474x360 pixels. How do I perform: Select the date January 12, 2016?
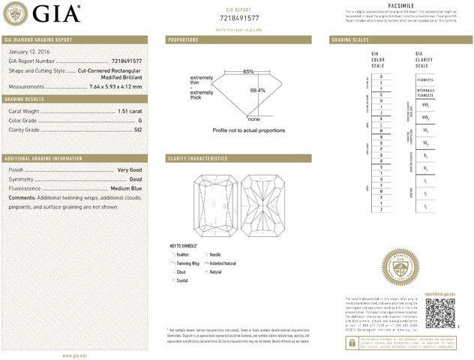(x=27, y=51)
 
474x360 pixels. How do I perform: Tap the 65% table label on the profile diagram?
(x=248, y=71)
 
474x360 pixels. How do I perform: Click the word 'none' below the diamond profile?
(x=253, y=119)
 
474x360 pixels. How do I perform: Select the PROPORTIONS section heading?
(x=184, y=39)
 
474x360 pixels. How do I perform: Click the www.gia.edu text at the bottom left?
(x=75, y=355)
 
